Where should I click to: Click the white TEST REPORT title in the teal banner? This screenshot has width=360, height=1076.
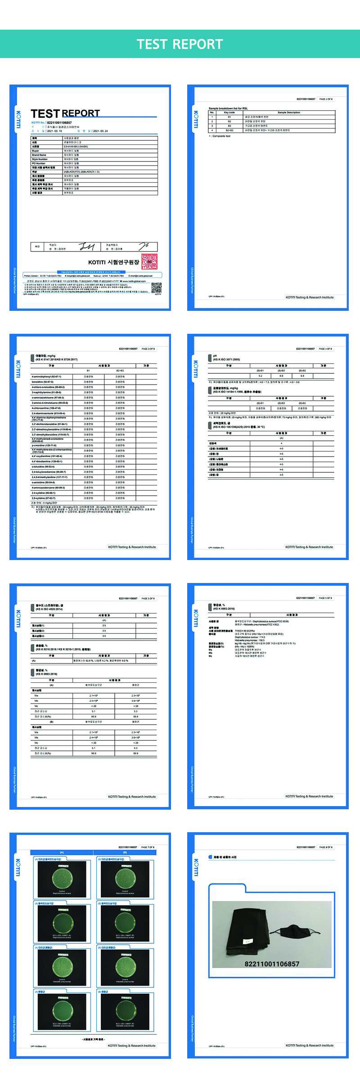pyautogui.click(x=180, y=44)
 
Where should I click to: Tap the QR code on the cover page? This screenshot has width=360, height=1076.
pyautogui.click(x=156, y=288)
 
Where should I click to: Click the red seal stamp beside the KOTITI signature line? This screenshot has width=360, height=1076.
pyautogui.click(x=149, y=261)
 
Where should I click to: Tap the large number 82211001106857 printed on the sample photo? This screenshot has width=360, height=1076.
pyautogui.click(x=272, y=964)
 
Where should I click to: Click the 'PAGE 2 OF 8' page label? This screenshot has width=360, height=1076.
pyautogui.click(x=326, y=99)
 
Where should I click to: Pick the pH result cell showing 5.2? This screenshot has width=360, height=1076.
pyautogui.click(x=260, y=376)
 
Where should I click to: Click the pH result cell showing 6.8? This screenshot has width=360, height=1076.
pyautogui.click(x=302, y=376)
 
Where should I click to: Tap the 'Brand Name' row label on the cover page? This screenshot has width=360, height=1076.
pyautogui.click(x=39, y=155)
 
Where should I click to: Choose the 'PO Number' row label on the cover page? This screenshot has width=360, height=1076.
pyautogui.click(x=39, y=163)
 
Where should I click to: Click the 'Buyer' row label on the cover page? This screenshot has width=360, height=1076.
pyautogui.click(x=36, y=151)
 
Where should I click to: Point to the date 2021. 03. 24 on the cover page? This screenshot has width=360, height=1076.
pyautogui.click(x=100, y=131)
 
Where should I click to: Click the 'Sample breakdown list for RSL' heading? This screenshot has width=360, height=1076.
pyautogui.click(x=228, y=108)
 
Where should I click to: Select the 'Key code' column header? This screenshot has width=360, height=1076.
pyautogui.click(x=229, y=112)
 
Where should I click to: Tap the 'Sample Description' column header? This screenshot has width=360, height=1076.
pyautogui.click(x=289, y=112)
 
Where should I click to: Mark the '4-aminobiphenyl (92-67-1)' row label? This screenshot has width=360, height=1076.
pyautogui.click(x=46, y=377)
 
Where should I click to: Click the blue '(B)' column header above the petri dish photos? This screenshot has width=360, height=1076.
pyautogui.click(x=125, y=852)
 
